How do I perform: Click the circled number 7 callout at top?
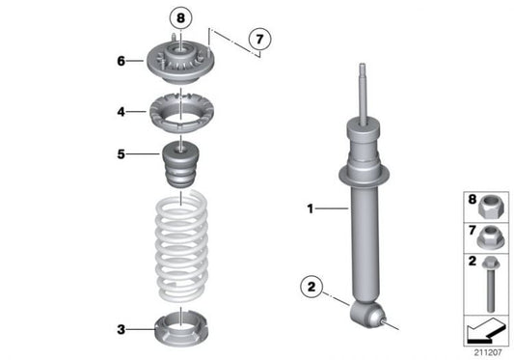257,40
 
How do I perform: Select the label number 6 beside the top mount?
122,61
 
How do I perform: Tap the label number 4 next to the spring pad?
122,112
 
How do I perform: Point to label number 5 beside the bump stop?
122,152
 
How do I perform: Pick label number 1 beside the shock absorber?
311,208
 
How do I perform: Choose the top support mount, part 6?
177,65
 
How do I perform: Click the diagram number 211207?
487,352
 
